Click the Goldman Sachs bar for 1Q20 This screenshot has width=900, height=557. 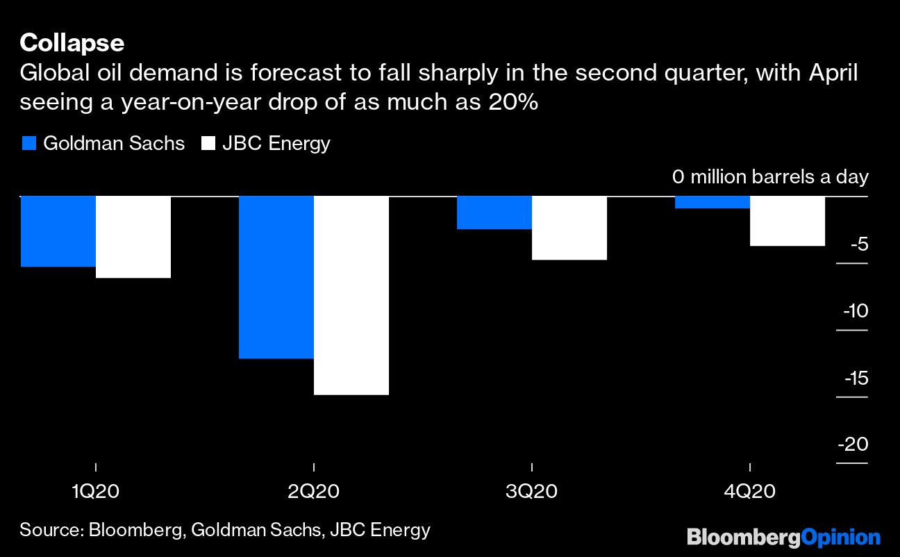pos(58,231)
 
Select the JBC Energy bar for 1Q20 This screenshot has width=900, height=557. pos(133,237)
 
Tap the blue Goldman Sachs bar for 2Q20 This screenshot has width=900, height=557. pos(276,277)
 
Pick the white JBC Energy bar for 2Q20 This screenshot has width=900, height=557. pos(351,295)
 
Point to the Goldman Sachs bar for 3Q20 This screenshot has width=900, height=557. pos(494,213)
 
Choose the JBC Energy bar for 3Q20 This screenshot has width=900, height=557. pos(569,228)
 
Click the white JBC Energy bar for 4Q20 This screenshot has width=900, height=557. pos(787,221)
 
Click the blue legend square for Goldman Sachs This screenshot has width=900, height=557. pos(28,144)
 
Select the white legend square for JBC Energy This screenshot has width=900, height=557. pos(207,144)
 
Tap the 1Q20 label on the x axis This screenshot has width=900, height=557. pos(95,492)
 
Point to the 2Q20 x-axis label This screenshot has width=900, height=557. pos(314,492)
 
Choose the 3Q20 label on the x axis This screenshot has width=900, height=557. pos(532,492)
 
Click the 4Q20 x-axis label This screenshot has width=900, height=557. pos(750,492)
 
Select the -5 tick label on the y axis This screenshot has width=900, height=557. pos(858,244)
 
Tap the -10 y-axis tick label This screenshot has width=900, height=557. pos(855,311)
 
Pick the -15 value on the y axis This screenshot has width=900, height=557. pos(855,379)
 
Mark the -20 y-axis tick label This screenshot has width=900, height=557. pos(853,444)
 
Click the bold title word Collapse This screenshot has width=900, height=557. pos(72,43)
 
